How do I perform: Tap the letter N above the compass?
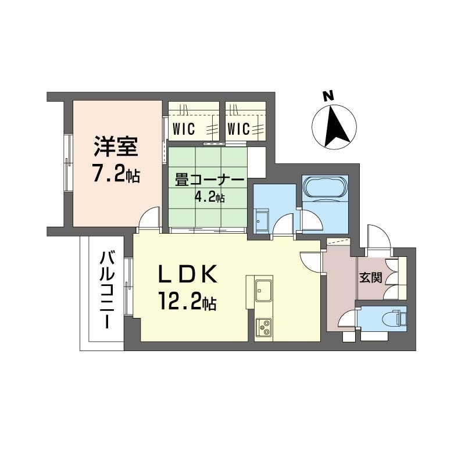click(328, 96)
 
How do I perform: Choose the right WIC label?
click(238, 127)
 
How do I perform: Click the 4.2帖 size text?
click(209, 198)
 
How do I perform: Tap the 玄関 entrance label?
click(370, 277)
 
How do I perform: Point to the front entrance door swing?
click(376, 235)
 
